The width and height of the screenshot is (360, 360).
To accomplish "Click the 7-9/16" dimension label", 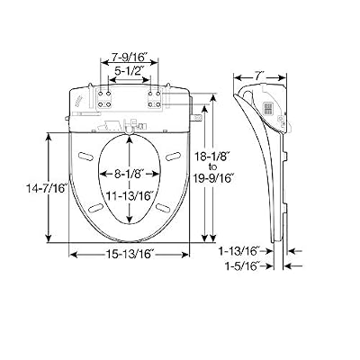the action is point(130,56).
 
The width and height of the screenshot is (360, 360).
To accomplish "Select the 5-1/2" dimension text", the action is point(130,71).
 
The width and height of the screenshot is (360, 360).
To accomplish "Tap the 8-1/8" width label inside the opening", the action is point(130,174).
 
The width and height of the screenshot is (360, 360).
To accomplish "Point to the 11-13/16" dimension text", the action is point(130,196).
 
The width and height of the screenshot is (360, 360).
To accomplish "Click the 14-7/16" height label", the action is point(46,188).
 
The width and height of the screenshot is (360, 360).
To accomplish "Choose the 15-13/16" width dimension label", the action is point(130,255).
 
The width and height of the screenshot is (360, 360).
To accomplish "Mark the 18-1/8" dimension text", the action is point(212,157).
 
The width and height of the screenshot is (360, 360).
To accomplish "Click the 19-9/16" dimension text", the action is point(213,178).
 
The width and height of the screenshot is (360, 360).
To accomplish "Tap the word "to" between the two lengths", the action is point(212,166).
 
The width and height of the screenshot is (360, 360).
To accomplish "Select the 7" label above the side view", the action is point(260,76).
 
